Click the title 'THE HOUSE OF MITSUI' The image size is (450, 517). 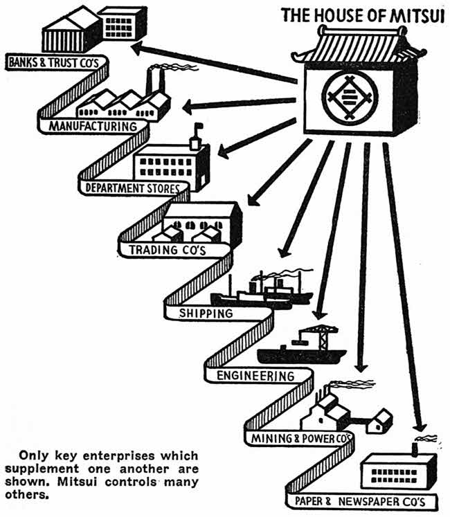pyautogui.click(x=364, y=15)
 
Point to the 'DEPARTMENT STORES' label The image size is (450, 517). pyautogui.click(x=132, y=188)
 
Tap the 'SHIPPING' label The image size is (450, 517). pyautogui.click(x=206, y=314)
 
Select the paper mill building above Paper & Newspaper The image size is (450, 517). pyautogui.click(x=402, y=471)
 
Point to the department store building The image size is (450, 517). pyautogui.click(x=170, y=166)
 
